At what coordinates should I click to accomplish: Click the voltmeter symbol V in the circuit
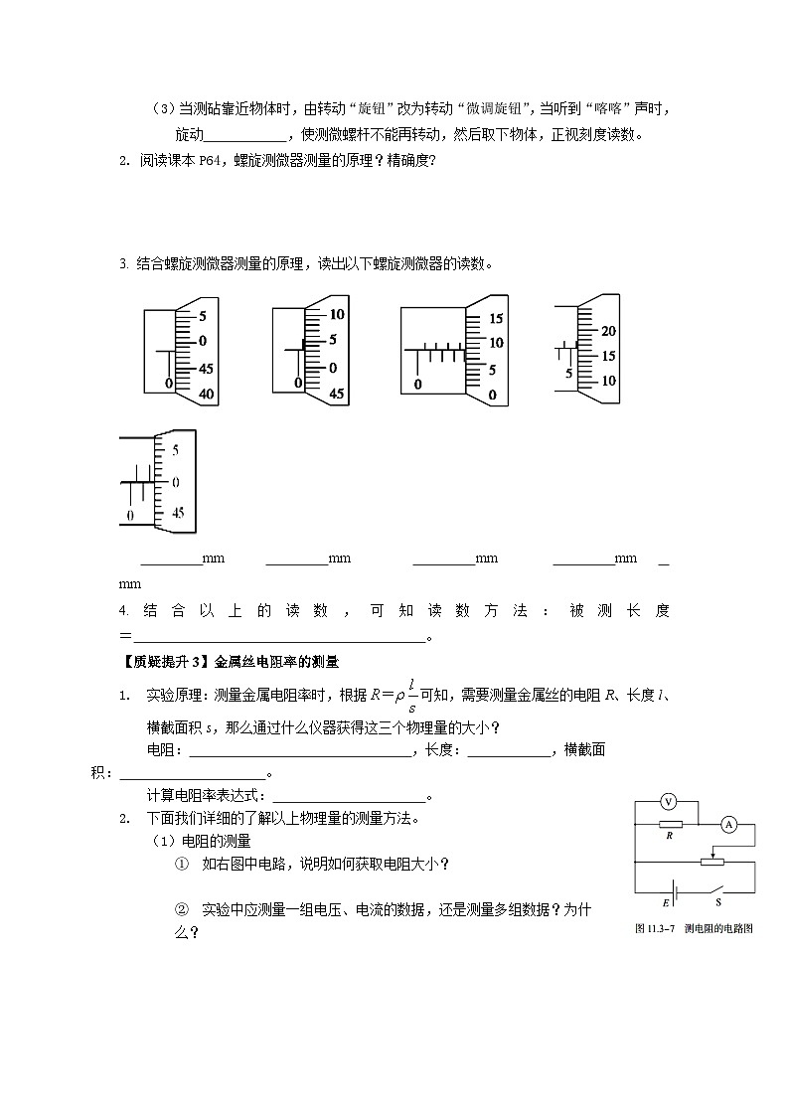pyautogui.click(x=669, y=801)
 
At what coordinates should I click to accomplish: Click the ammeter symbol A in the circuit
pyautogui.click(x=728, y=824)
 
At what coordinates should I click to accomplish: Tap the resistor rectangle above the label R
pyautogui.click(x=670, y=824)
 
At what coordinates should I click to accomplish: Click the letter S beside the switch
pyautogui.click(x=718, y=903)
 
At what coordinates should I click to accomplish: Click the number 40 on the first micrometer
pyautogui.click(x=207, y=394)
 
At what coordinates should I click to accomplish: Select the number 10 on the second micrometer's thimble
pyautogui.click(x=337, y=314)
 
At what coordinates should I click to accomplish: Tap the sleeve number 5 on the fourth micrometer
pyautogui.click(x=568, y=374)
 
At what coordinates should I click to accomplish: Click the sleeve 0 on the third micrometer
pyautogui.click(x=418, y=384)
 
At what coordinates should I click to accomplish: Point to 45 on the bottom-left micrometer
pyautogui.click(x=178, y=514)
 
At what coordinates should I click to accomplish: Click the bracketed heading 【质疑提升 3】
pyautogui.click(x=161, y=660)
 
